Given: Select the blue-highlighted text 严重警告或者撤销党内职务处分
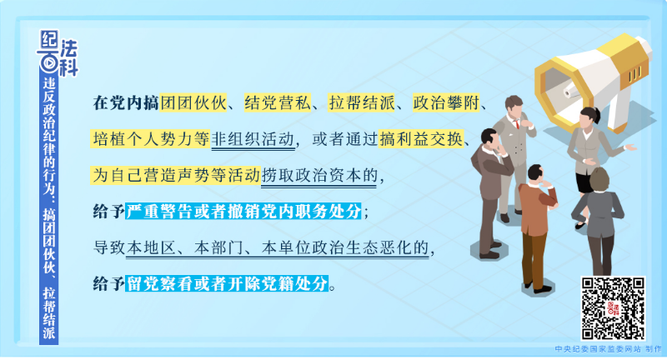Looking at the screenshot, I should [243, 211].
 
